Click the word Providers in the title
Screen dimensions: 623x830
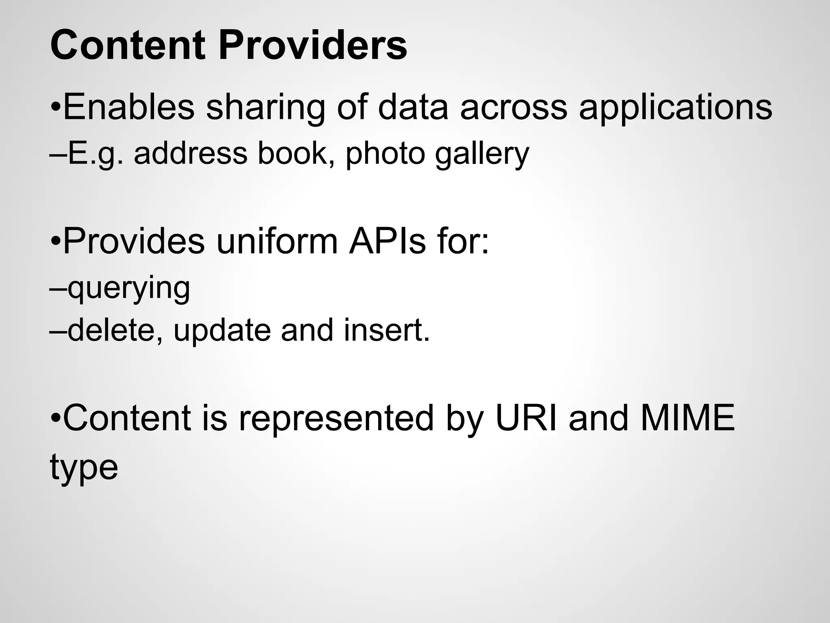[312, 46]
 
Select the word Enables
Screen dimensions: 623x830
[129, 107]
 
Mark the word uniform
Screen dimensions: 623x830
[277, 242]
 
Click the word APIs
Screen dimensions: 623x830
[387, 242]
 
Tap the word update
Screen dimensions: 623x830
[222, 331]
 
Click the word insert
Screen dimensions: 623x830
[386, 330]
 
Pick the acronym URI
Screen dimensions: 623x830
[527, 418]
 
